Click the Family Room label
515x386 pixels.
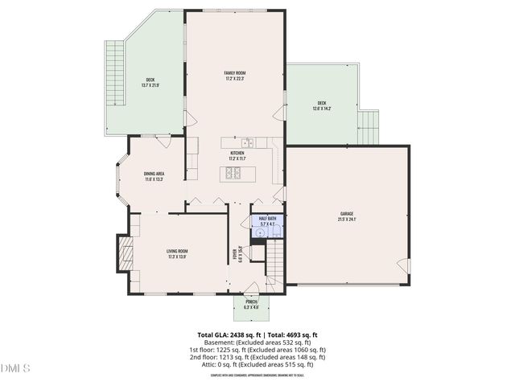click(x=234, y=76)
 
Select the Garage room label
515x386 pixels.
click(x=347, y=216)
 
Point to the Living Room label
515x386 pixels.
click(x=177, y=254)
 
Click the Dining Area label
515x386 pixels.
click(x=154, y=176)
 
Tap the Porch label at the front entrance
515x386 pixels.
click(x=252, y=304)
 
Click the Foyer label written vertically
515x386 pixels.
click(x=238, y=255)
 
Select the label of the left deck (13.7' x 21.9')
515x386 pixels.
click(x=150, y=82)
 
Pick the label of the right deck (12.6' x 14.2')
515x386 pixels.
click(x=322, y=105)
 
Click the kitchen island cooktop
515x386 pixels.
click(x=233, y=173)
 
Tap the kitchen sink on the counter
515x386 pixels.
click(x=249, y=143)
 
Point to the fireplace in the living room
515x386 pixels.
click(x=125, y=255)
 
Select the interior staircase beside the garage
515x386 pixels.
click(x=276, y=260)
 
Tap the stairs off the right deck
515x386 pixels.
click(x=369, y=126)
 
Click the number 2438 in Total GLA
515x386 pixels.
click(x=240, y=335)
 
